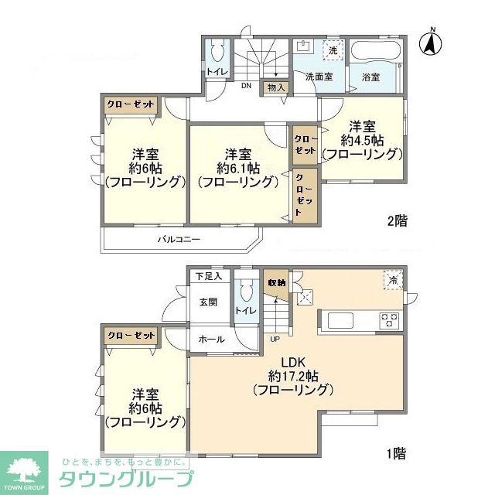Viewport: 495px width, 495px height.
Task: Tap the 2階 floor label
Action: (397, 221)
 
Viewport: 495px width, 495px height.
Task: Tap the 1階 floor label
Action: (397, 453)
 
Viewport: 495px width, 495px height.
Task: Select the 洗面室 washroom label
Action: (317, 77)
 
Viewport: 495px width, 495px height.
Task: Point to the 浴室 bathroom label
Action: (371, 77)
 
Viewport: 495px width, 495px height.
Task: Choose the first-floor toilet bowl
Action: (247, 292)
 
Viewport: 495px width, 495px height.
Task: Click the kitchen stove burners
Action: (388, 319)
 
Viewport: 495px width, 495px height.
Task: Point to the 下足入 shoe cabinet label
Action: (207, 276)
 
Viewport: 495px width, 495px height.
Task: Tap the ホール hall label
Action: (211, 339)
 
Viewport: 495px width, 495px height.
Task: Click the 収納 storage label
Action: (276, 283)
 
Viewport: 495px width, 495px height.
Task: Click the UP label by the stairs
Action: (275, 339)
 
